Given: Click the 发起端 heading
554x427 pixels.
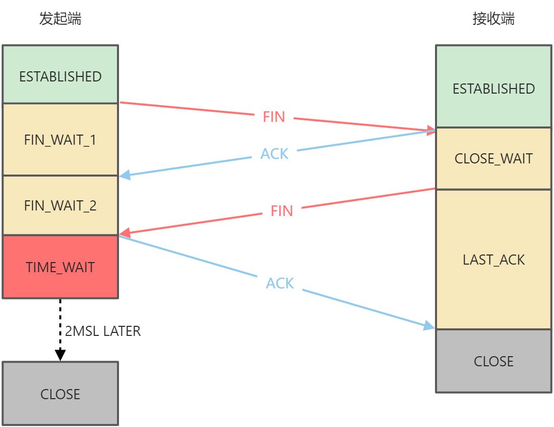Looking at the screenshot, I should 60,19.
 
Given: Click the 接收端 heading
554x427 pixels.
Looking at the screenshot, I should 493,19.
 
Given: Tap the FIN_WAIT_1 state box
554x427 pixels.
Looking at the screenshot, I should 60,140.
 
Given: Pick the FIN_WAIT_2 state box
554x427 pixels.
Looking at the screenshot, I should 60,205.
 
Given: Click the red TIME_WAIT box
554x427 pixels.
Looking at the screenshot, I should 60,267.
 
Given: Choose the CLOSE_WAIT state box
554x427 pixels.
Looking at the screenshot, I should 493,158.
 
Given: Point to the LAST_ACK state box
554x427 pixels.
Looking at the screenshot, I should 493,260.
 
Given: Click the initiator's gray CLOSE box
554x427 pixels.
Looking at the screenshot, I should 60,394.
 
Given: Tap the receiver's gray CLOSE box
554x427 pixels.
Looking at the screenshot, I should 493,361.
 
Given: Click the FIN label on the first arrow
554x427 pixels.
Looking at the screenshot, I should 274,117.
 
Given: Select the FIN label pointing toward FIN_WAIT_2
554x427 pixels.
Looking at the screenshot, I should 282,210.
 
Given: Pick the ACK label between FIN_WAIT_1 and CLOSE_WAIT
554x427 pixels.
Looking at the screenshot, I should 274,153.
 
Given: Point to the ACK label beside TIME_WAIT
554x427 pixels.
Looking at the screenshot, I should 280,283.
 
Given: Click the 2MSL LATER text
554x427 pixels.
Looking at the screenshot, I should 103,331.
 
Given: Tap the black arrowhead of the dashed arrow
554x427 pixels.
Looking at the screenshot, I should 60,355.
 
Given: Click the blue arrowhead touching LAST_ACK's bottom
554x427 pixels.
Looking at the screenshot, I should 429,326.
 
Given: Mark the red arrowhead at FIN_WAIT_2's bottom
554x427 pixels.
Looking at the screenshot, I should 125,233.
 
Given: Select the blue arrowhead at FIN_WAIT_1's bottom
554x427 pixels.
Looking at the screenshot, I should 125,175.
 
